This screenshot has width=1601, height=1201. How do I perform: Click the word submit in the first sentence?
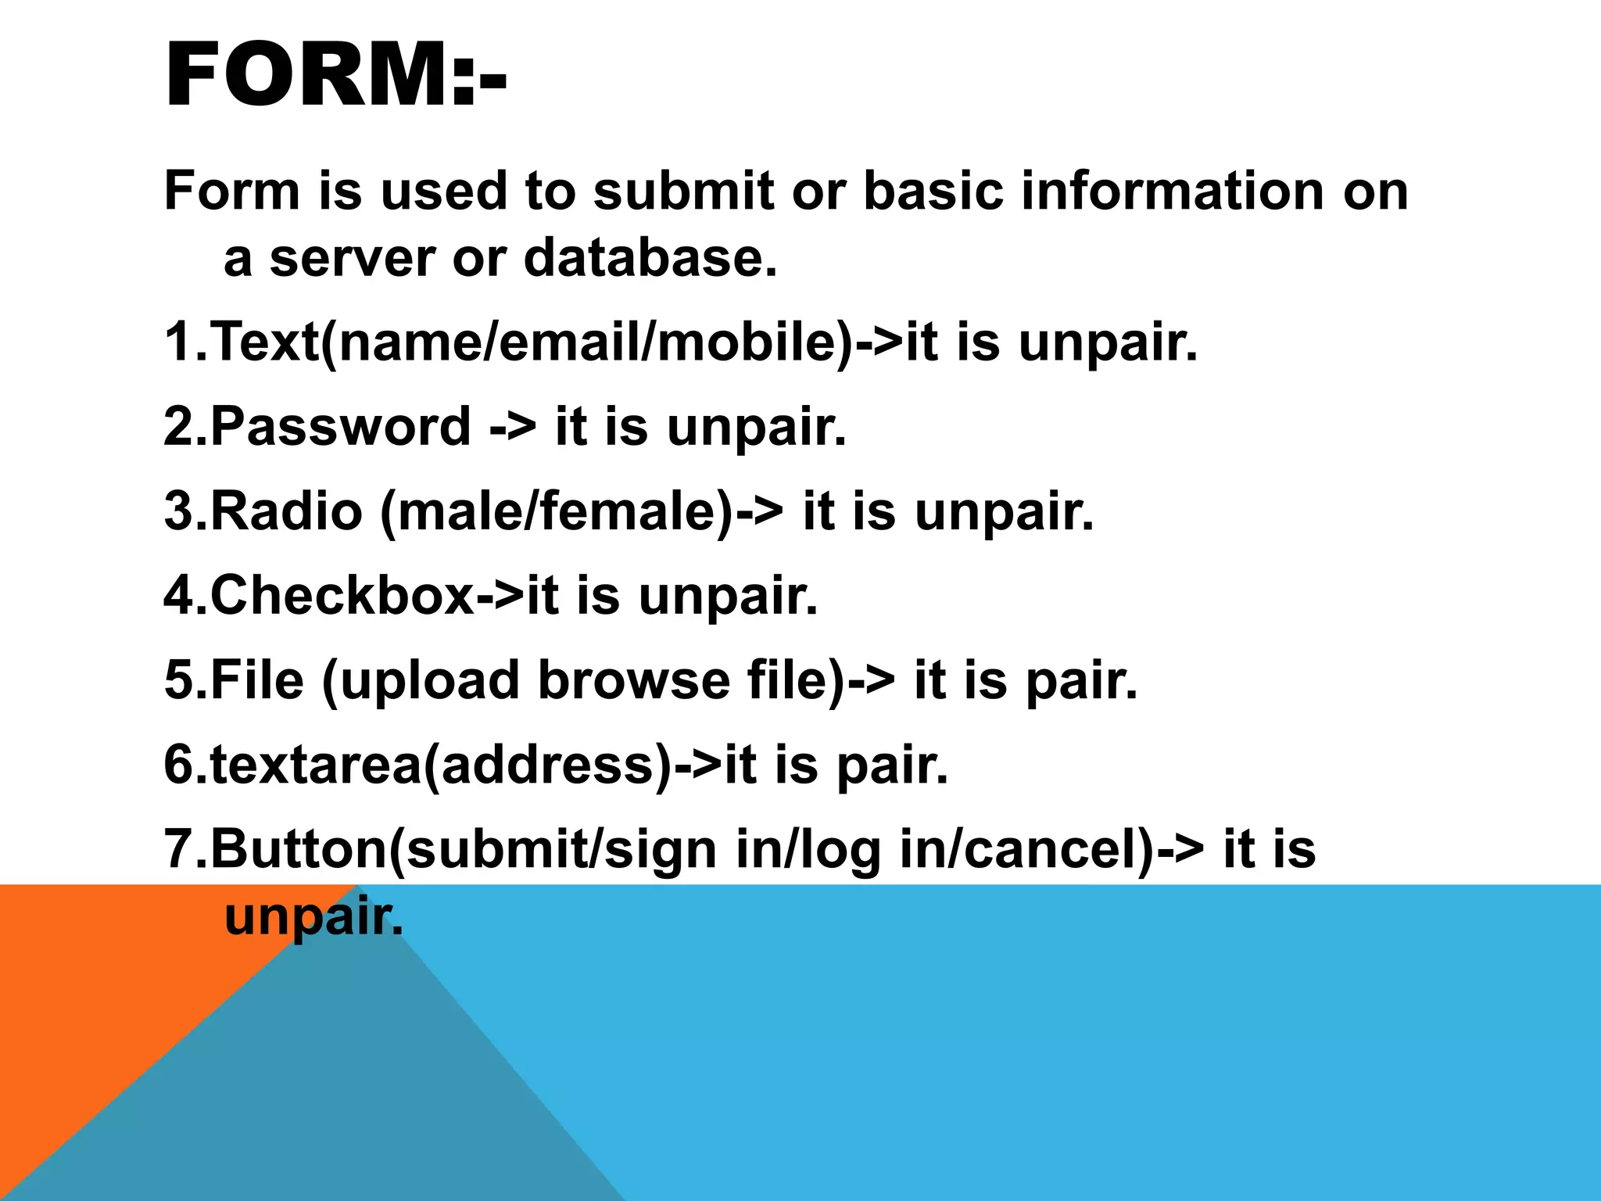[682, 192]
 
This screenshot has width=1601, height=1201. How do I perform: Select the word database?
[650, 258]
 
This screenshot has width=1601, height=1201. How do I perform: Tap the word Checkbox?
[342, 596]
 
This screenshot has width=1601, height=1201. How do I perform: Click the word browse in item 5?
[633, 680]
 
